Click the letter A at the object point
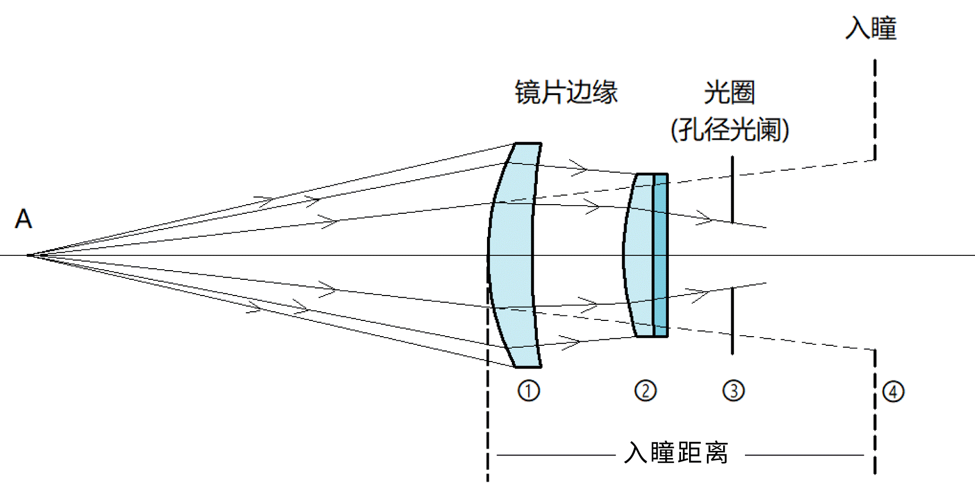(23, 219)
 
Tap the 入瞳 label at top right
(871, 28)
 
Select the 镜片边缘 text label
(566, 92)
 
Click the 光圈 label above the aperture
(729, 92)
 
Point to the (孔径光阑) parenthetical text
(730, 129)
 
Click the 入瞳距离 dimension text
(676, 452)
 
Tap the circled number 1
(529, 391)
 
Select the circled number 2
(645, 390)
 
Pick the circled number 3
(733, 391)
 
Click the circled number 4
(893, 391)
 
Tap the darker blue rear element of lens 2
(660, 255)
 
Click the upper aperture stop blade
(732, 190)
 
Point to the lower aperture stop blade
(732, 321)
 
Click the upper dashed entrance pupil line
(875, 110)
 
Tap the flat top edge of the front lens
(528, 144)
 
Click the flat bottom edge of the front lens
(528, 366)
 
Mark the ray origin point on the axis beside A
(29, 255)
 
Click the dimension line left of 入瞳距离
(556, 455)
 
